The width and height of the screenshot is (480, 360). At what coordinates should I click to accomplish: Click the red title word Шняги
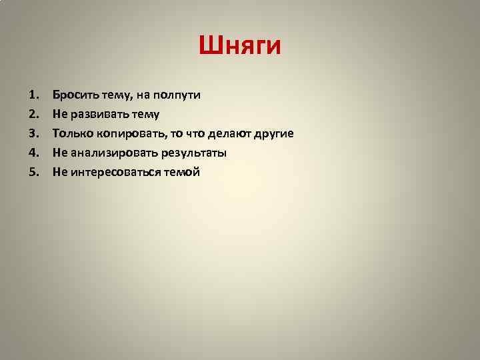tap(240, 46)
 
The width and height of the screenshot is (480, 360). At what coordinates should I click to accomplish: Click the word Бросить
tap(74, 95)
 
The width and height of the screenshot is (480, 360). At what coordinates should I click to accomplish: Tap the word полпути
tap(178, 95)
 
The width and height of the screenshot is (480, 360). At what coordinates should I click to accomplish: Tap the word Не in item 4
tap(59, 153)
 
